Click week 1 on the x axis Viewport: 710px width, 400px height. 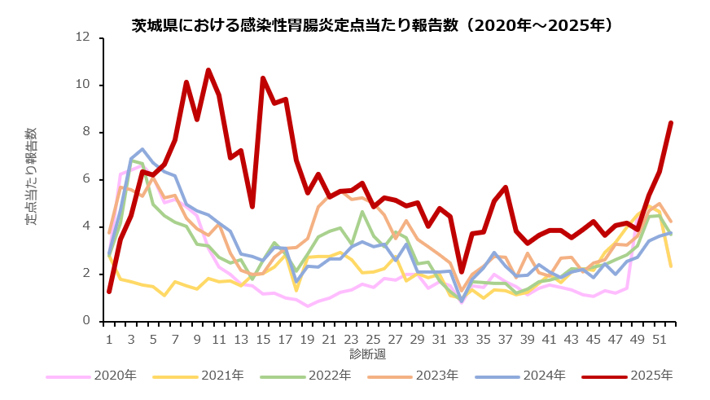[x=108, y=337]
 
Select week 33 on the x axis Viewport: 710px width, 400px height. [x=462, y=337]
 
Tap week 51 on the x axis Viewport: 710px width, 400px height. [x=660, y=337]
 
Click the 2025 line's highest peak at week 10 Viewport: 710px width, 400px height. [x=208, y=70]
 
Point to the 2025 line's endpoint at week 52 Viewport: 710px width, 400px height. [x=671, y=123]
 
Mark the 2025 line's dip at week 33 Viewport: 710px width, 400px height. [x=462, y=271]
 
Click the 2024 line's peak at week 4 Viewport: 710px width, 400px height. [x=142, y=149]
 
